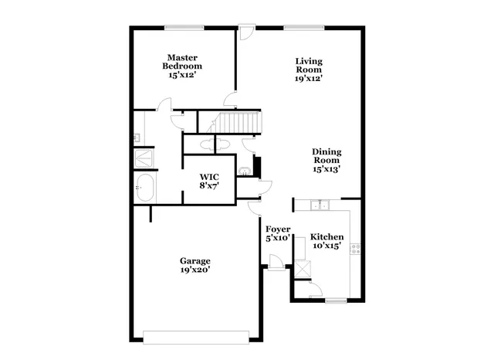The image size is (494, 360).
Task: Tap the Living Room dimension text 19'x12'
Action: pyautogui.click(x=308, y=77)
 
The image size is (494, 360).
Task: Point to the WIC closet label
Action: pyautogui.click(x=208, y=177)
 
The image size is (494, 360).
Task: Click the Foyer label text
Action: pyautogui.click(x=277, y=229)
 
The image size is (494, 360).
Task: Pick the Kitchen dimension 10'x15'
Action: pyautogui.click(x=327, y=246)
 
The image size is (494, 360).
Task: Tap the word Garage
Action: pyautogui.click(x=195, y=260)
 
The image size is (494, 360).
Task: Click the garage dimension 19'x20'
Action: pyautogui.click(x=195, y=270)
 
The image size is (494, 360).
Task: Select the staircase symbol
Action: pyautogui.click(x=239, y=121)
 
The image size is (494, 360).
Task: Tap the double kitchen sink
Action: pyautogui.click(x=318, y=205)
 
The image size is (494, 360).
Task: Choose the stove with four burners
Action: pyautogui.click(x=356, y=248)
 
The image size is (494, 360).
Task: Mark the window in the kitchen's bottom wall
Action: pyautogui.click(x=335, y=300)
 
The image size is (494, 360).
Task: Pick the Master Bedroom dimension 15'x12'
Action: pyautogui.click(x=182, y=76)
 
